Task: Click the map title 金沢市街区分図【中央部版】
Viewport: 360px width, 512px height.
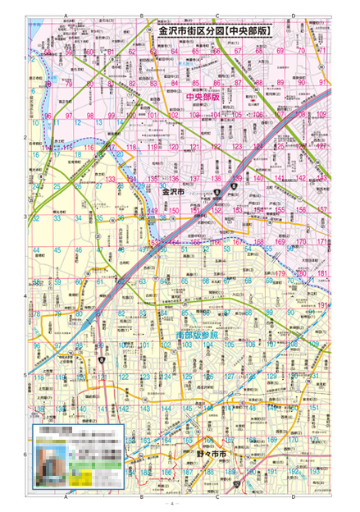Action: point(216,31)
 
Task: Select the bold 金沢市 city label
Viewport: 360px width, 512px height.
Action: point(174,191)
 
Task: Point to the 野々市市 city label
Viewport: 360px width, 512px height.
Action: point(212,454)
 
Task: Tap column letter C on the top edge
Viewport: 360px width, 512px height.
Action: point(216,16)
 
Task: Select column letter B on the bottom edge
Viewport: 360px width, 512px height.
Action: point(141,497)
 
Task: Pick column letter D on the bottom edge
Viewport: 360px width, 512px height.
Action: point(293,497)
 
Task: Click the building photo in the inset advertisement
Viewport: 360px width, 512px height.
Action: point(52,459)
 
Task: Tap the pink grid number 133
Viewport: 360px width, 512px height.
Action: point(109,179)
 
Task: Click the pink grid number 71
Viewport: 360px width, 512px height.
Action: point(322,51)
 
